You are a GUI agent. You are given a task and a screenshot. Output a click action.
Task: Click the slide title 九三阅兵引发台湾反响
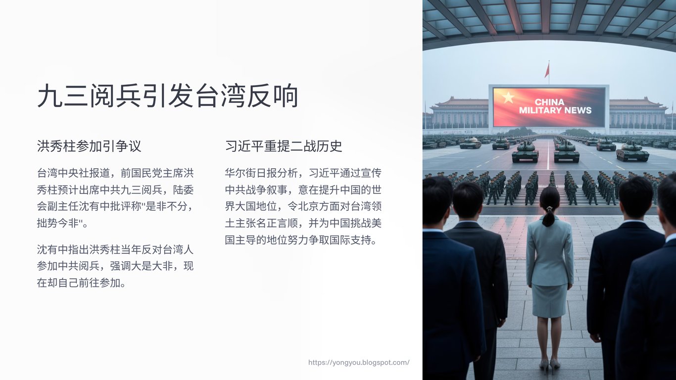coord(168,96)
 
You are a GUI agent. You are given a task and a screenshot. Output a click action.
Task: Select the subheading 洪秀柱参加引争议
coord(89,146)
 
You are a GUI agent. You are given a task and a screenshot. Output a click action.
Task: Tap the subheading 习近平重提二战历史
coord(284,146)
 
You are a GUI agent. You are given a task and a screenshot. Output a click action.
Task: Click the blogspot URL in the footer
coord(359,363)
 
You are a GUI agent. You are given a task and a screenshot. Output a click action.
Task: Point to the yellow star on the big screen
coord(508,97)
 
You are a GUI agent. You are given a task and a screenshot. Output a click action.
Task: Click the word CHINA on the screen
coord(549,102)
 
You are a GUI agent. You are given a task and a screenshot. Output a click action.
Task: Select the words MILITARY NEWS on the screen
coord(555,110)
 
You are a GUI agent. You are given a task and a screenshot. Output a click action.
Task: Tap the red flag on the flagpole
coord(547,70)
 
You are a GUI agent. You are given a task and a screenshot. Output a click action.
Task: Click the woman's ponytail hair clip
coord(550,208)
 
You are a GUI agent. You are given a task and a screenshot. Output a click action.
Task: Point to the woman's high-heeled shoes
coord(549,366)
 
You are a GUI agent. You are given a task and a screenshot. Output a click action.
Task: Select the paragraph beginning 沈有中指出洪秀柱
coord(115,266)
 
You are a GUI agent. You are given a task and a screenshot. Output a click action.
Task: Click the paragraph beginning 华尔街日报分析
coord(303,206)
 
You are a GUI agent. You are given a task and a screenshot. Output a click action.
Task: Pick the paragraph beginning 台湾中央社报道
coord(115,198)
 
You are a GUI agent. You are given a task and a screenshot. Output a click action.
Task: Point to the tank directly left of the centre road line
coord(525,153)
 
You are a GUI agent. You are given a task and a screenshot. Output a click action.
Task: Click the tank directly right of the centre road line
coord(567,153)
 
